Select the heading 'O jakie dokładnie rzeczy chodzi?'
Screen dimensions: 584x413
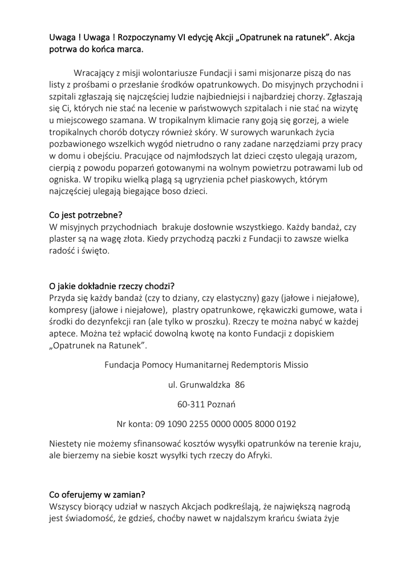(112, 286)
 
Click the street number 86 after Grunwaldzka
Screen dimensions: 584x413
(240, 385)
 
